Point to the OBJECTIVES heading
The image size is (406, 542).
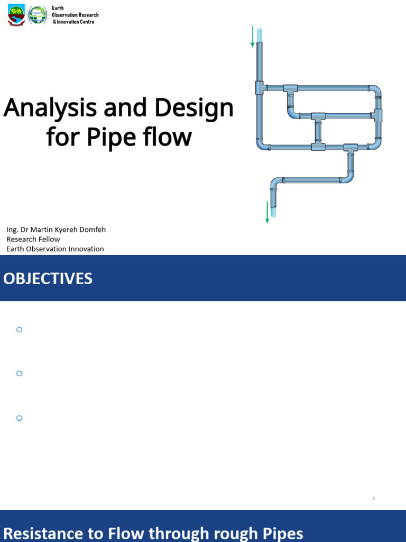(48, 279)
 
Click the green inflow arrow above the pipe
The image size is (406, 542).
(253, 36)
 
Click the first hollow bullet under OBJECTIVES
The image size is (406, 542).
(20, 330)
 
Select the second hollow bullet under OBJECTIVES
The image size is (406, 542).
(20, 374)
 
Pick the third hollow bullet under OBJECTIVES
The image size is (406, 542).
(20, 418)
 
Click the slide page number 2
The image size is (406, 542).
(374, 499)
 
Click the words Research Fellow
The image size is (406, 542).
(33, 239)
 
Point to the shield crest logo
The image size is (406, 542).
(16, 16)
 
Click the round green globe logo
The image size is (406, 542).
(37, 16)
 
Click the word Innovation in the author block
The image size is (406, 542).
(84, 249)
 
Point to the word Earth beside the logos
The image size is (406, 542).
(58, 8)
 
